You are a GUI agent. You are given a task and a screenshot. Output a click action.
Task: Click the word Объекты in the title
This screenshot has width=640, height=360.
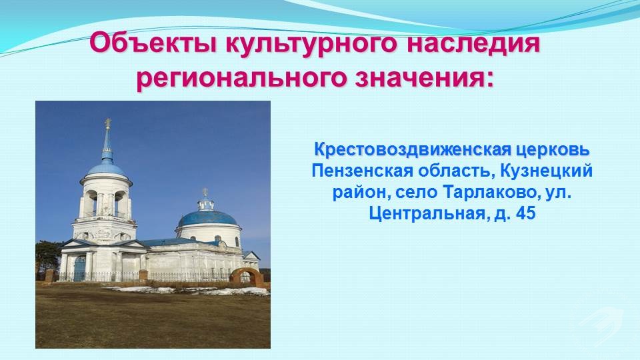[153, 43]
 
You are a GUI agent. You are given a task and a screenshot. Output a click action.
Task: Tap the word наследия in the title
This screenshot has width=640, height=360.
[473, 44]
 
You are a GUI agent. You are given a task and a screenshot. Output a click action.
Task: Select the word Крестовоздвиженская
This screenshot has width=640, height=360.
[412, 149]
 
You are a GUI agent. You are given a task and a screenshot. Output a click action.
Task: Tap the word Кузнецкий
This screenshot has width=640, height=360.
[546, 171]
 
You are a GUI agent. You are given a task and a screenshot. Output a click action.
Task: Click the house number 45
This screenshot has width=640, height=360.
[525, 213]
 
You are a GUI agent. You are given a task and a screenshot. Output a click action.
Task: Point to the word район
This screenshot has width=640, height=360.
[356, 193]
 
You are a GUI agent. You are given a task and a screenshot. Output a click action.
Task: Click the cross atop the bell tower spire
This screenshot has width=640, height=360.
[108, 123]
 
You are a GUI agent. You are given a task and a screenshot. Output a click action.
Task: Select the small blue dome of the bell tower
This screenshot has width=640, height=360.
[107, 169]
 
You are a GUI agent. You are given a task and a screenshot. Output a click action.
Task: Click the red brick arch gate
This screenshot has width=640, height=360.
[247, 276]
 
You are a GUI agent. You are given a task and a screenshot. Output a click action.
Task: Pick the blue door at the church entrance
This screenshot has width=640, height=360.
[79, 269]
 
